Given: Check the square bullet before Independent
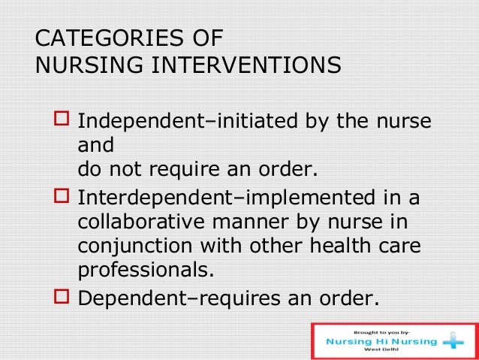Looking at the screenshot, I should [61, 121].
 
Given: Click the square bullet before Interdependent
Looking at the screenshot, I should [61, 200].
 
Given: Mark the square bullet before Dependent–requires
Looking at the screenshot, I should [61, 298].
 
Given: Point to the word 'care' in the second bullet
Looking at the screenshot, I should [398, 249].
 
